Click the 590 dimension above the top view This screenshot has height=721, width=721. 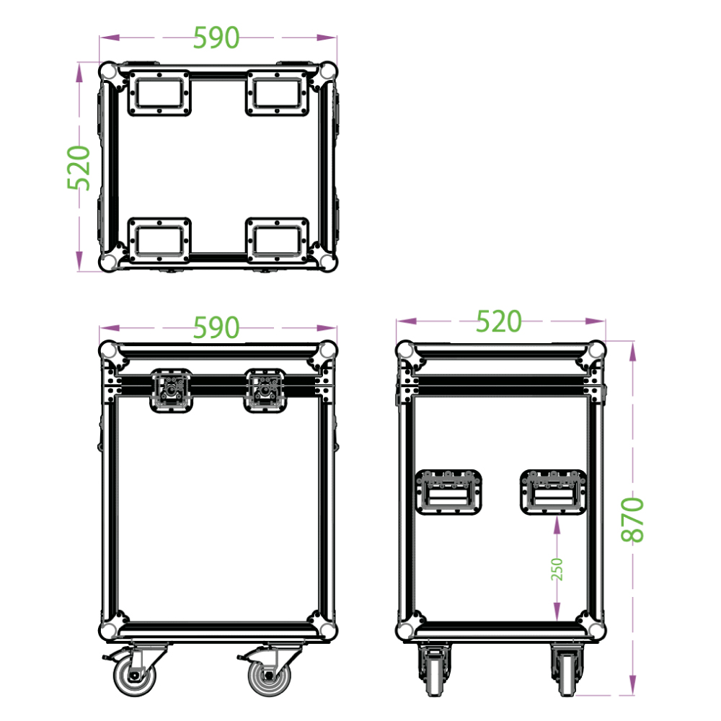coord(216,37)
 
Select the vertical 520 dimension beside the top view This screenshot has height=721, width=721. coord(79,167)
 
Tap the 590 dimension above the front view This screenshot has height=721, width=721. coord(216,327)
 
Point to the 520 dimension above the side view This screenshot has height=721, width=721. coord(499,321)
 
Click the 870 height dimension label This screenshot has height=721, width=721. coord(633,520)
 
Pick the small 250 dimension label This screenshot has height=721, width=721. coord(557,570)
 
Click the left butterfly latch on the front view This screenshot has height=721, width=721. coord(172,390)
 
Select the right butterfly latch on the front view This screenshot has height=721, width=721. coord(265,390)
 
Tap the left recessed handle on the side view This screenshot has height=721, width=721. coord(448,492)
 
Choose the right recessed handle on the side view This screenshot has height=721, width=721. coord(553,492)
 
